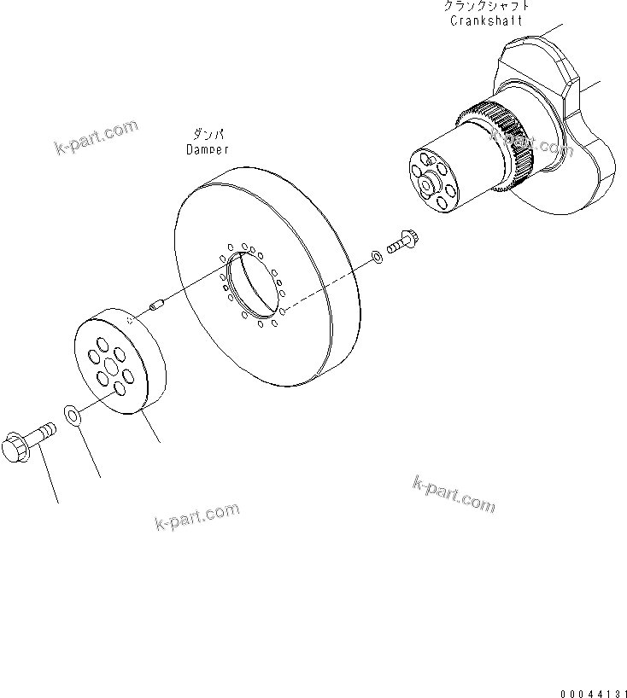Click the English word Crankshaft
[486, 20]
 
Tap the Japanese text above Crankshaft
[486, 7]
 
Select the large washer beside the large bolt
[73, 416]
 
